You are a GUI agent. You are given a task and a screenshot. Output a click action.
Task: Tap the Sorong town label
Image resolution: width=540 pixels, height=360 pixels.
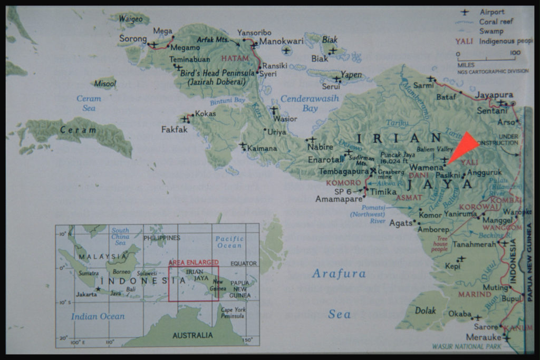(132, 38)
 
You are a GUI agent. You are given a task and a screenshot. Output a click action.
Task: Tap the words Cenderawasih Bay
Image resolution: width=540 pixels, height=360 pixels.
(310, 103)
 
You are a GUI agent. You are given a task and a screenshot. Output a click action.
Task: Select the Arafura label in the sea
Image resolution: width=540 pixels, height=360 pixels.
(339, 274)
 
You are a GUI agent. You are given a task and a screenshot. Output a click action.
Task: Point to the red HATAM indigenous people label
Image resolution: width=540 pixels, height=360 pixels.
(235, 58)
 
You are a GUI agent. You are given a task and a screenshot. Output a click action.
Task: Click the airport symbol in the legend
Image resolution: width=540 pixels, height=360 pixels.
(465, 12)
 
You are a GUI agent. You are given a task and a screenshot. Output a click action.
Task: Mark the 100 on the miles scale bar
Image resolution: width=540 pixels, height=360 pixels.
(515, 53)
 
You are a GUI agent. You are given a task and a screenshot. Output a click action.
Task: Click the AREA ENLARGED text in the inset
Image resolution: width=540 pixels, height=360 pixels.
(193, 262)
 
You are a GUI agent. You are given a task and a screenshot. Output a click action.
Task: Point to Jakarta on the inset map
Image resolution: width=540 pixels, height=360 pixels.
(85, 294)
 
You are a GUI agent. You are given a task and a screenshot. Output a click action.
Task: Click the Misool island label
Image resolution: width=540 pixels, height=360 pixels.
(105, 83)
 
